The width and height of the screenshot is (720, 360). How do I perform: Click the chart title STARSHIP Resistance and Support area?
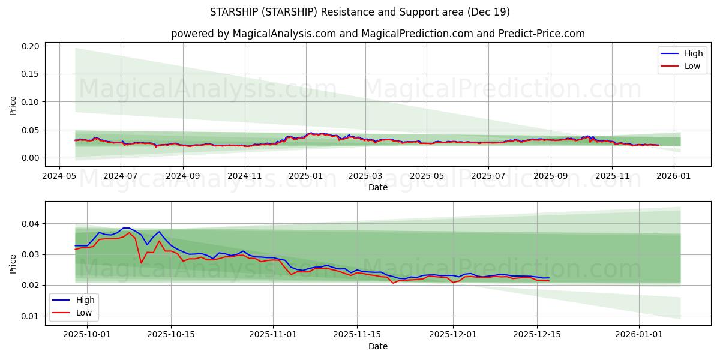pos(360,12)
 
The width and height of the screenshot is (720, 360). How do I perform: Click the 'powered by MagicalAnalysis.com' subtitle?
pos(378,34)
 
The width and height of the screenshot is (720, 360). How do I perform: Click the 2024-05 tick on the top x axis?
pos(59,176)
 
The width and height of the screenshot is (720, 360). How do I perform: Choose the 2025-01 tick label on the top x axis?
pos(305,176)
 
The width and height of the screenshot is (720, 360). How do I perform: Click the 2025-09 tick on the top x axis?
pos(550,176)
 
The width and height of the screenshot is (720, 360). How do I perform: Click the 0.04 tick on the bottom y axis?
pos(31,224)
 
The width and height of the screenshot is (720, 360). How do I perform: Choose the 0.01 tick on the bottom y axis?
pos(31,316)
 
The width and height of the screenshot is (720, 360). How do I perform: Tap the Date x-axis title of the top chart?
pos(378,187)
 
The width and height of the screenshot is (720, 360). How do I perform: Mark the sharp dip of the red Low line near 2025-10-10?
pos(141,263)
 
